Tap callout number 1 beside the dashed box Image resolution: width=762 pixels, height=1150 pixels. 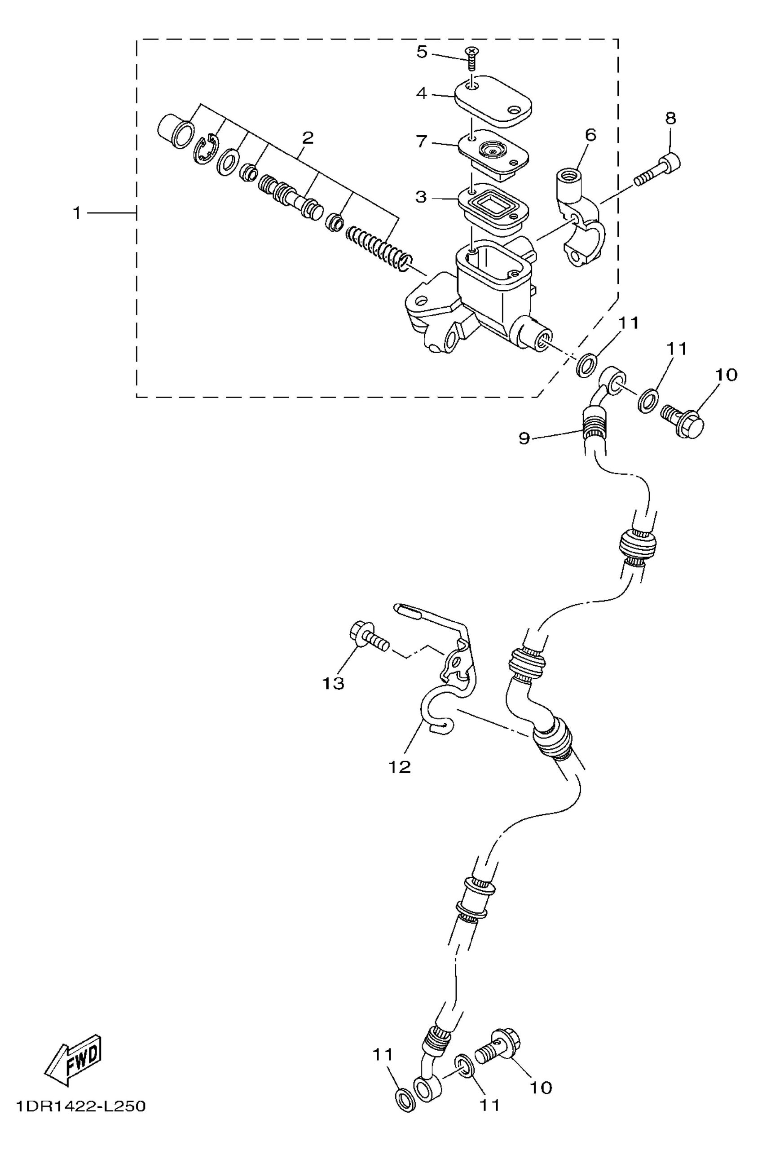point(77,213)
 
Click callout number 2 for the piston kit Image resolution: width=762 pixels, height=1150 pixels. point(307,138)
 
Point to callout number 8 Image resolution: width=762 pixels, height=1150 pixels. point(671,118)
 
